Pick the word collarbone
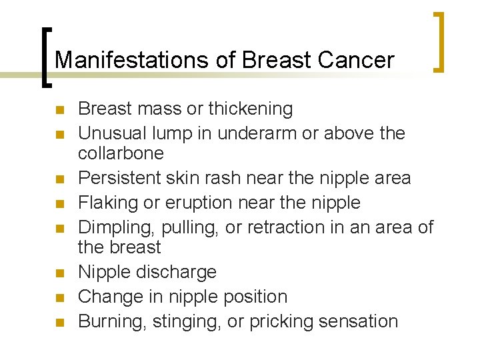coord(121,153)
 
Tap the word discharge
coord(177,272)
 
